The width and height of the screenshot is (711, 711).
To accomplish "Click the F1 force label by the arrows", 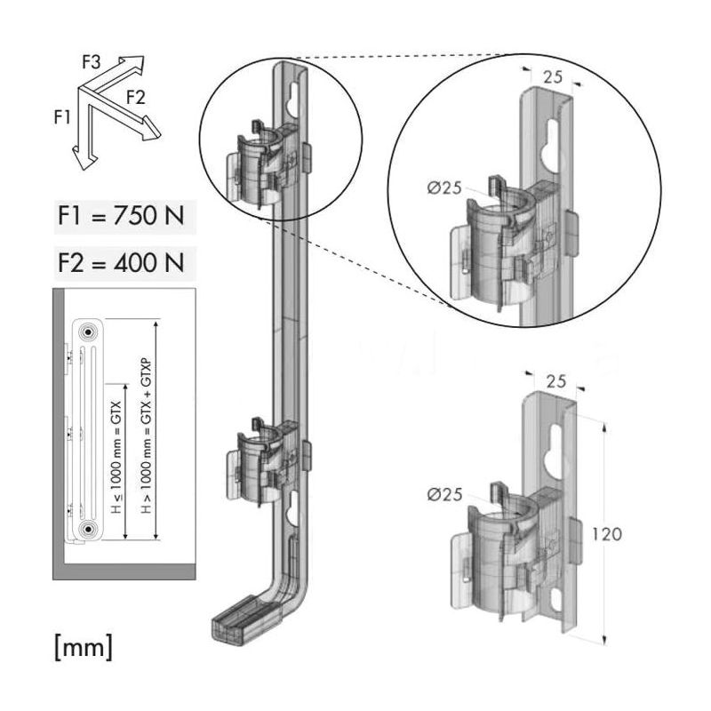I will coord(61,115).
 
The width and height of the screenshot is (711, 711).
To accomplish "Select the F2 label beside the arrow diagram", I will coord(135,96).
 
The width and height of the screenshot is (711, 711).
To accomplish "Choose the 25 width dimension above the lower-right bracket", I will coord(555,382).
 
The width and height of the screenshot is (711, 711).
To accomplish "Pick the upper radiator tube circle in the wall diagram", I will coord(88,332).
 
